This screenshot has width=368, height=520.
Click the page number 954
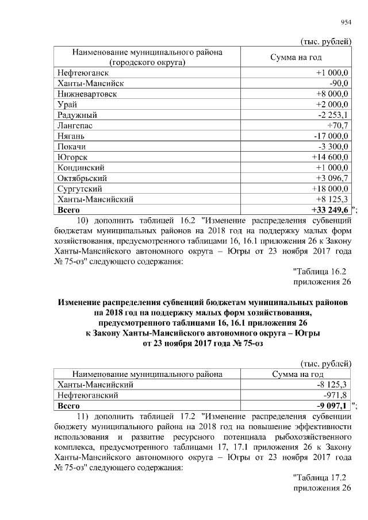(346, 22)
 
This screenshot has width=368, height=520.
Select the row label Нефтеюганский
(88, 395)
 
